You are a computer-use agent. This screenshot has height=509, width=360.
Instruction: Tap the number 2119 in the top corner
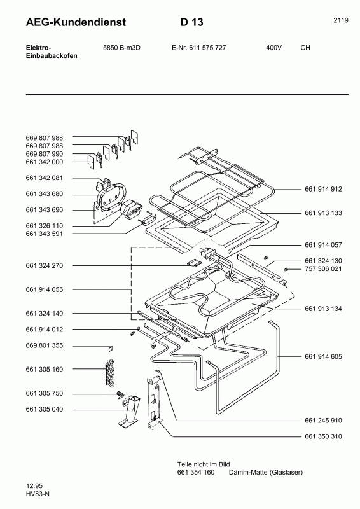[340, 20]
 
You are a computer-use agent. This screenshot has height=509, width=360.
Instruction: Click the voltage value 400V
[274, 48]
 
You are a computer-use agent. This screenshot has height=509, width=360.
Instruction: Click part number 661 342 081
[45, 178]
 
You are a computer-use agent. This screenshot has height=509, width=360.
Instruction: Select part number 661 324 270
[45, 265]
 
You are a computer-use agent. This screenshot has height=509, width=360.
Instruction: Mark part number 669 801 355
[45, 345]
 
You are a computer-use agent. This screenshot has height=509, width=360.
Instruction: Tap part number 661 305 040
[45, 410]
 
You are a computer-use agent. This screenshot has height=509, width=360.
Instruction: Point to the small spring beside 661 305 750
[118, 396]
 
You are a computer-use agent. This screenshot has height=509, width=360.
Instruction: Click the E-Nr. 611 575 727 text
[199, 48]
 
